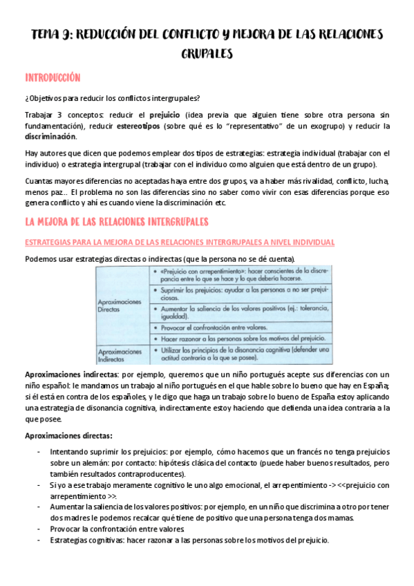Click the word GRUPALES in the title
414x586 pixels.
pos(207,53)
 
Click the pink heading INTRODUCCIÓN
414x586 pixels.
pos(53,77)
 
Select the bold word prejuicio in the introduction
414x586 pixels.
pos(162,113)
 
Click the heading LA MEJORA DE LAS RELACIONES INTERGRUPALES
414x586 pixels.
pos(117,221)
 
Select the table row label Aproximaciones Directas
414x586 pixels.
pos(120,306)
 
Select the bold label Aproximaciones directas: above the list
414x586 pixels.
pos(68,435)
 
